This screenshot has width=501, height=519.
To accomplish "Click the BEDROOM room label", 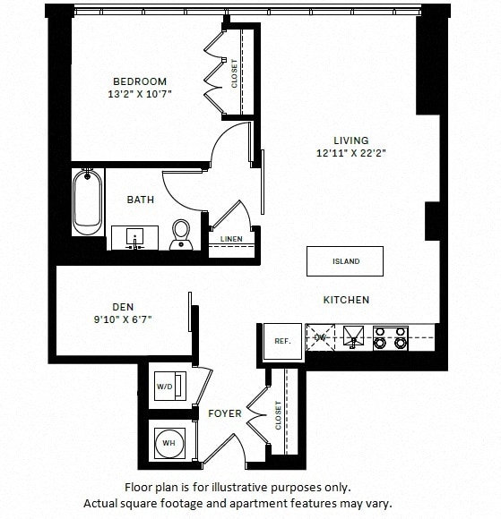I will tap(139, 81).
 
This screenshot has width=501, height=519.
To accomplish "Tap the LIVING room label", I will tap(351, 140).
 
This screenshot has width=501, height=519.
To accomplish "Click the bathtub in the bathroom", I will tap(88, 203).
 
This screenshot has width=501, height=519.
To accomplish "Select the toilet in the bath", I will tap(182, 233).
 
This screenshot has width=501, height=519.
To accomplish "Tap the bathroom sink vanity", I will tap(135, 238).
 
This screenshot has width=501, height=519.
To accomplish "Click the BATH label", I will tap(141, 200).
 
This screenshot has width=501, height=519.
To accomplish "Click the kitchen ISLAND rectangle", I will tap(345, 261).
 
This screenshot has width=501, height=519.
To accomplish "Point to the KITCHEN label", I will tap(346, 300).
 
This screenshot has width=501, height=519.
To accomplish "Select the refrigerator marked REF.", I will tap(282, 341).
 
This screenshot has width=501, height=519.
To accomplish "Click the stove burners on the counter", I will tap(391, 337).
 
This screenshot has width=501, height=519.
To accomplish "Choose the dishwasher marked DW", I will tap(319, 337).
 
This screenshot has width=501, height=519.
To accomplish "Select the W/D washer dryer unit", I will tap(166, 387).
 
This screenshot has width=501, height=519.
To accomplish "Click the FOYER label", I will tap(225, 413).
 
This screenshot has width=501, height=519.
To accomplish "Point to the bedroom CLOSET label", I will tap(235, 73).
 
